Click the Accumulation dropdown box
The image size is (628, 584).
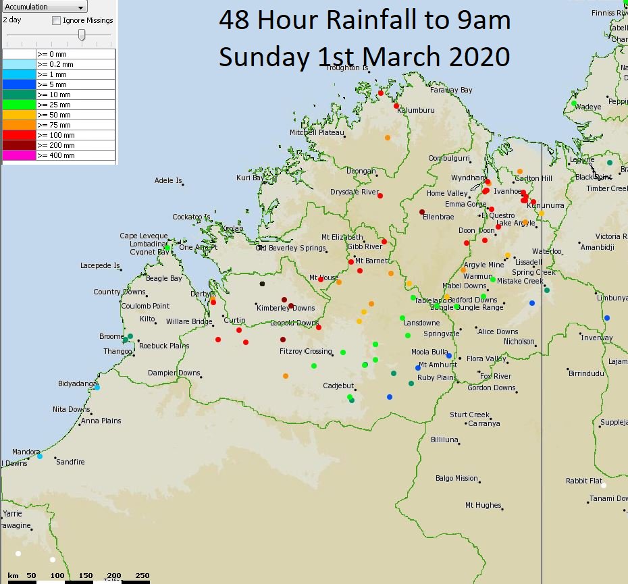pos(45,7)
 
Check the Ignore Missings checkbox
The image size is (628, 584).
pos(57,20)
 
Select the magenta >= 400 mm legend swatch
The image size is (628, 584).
pos(19,155)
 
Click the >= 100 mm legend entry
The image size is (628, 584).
pos(57,135)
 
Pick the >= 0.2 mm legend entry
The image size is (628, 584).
pos(57,64)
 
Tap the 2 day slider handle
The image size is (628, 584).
pos(82,35)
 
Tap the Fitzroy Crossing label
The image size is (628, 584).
pos(305,351)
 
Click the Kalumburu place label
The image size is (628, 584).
pos(415,110)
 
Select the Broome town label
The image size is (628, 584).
pos(111,336)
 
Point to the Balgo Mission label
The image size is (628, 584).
pos(456,478)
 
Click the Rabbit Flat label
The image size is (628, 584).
pos(584,481)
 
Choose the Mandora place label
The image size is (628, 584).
pos(26,452)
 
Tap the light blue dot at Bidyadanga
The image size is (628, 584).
pos(97,387)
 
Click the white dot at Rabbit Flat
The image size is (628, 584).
pos(604,485)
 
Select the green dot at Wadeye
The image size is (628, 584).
pos(573,103)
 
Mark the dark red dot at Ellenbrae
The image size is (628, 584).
pos(422,211)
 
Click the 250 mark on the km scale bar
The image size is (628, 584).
pos(142,575)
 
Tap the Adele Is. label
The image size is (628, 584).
pos(168,180)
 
